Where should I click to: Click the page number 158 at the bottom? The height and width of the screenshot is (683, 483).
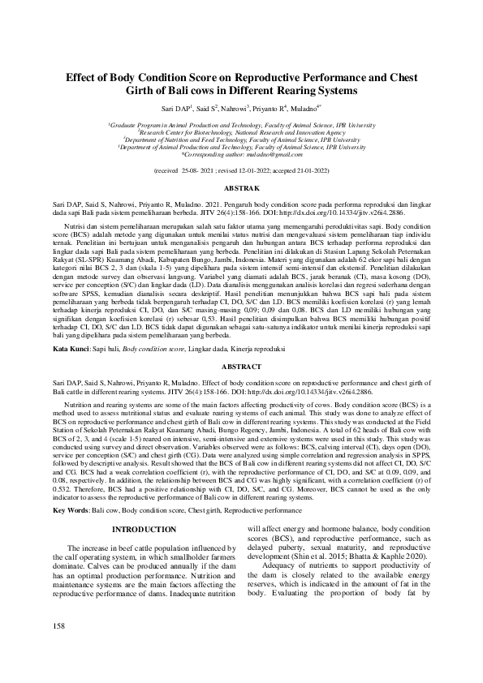pos(58,649)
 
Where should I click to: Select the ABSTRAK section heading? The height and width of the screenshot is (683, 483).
pos(241,187)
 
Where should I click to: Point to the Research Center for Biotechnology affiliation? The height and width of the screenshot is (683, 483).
pos(242,132)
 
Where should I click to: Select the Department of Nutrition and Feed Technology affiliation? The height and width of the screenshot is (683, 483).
pos(242,140)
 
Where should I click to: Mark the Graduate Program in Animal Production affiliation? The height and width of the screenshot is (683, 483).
pos(242,125)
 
